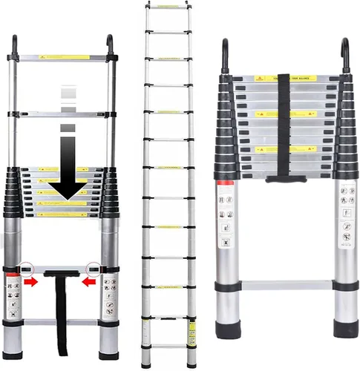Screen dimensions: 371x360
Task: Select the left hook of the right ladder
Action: click(x=226, y=56)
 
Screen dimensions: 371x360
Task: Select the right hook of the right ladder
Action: click(x=344, y=56)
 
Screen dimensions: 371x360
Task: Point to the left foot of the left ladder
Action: click(x=14, y=344)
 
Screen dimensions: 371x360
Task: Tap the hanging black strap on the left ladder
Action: click(x=56, y=304)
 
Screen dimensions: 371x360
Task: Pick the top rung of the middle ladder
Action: click(x=167, y=6)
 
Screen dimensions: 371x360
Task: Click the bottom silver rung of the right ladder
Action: click(x=284, y=284)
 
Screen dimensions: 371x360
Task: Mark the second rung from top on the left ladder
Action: click(x=63, y=114)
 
